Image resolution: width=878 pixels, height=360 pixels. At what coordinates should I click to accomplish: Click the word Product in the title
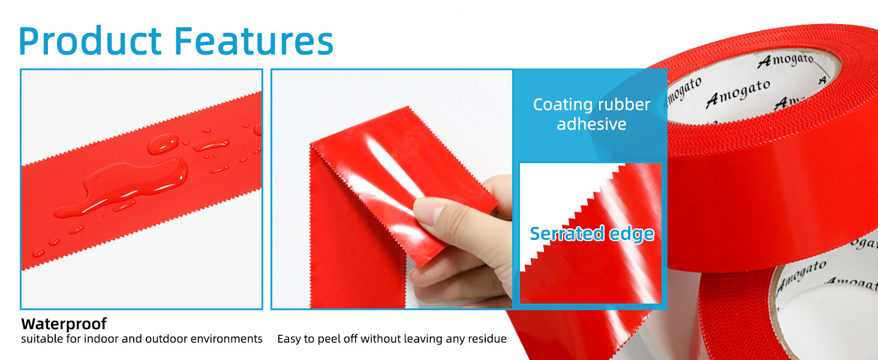(90, 40)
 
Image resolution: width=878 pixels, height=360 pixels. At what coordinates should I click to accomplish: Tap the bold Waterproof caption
(64, 324)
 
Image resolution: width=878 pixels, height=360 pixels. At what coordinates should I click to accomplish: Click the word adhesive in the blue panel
(591, 124)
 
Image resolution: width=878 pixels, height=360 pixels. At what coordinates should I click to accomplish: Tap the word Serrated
(562, 234)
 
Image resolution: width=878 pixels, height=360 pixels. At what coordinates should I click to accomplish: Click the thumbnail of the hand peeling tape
(392, 190)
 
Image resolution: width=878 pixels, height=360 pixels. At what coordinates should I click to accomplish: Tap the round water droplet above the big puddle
(163, 144)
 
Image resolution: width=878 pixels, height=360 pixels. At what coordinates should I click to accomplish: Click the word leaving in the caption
(422, 340)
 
